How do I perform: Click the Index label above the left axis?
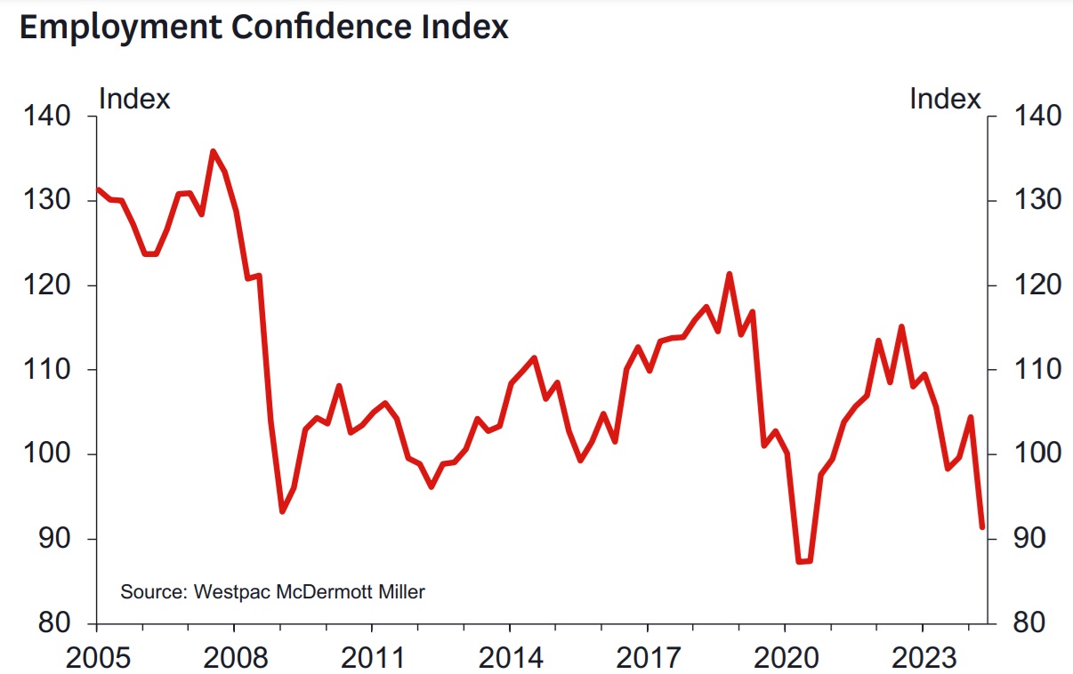134,98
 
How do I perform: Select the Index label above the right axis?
945,98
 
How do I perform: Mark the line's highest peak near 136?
213,151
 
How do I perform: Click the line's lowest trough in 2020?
803,562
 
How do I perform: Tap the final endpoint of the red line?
982,527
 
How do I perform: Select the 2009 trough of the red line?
282,511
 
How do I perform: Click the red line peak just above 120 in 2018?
730,274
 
